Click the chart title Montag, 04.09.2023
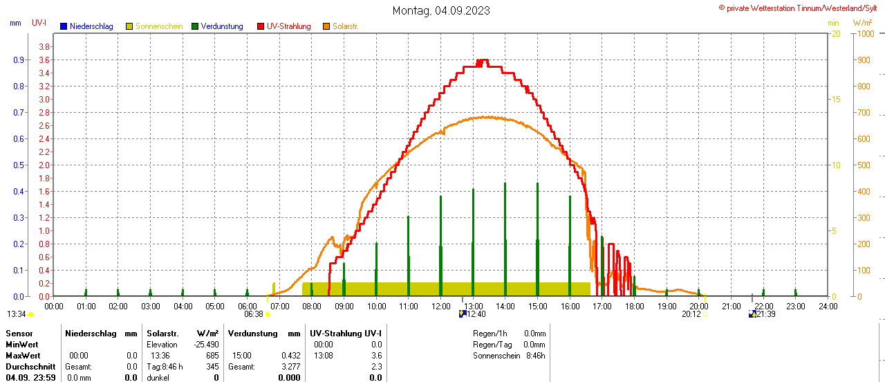coord(441,10)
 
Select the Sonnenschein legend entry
coord(158,26)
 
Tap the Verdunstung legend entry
coord(221,26)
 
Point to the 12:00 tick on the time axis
coord(440,306)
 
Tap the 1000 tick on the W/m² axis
coord(865,33)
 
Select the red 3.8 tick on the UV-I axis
coord(44,46)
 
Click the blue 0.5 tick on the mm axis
coord(18,165)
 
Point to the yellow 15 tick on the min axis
coord(835,99)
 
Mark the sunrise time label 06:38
coord(254,314)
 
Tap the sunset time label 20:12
coord(691,314)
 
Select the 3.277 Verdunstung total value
coord(290,367)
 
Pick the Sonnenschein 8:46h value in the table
coord(535,356)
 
